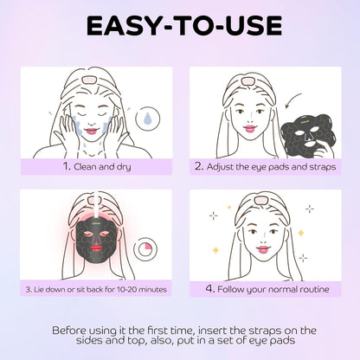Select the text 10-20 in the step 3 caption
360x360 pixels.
tap(127, 287)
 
